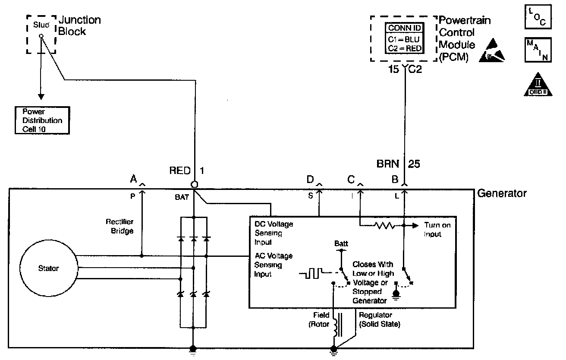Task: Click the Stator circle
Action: point(48,268)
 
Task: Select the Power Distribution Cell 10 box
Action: point(42,120)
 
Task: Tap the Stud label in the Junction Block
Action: point(41,25)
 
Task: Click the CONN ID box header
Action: point(404,28)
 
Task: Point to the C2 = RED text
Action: point(404,48)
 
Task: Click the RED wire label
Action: point(179,171)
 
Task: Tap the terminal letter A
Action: point(133,179)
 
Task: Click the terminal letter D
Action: point(310,179)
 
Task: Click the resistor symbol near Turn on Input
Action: point(384,225)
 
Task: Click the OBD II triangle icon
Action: point(538,84)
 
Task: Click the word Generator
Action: point(502,193)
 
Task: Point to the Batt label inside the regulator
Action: point(341,243)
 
